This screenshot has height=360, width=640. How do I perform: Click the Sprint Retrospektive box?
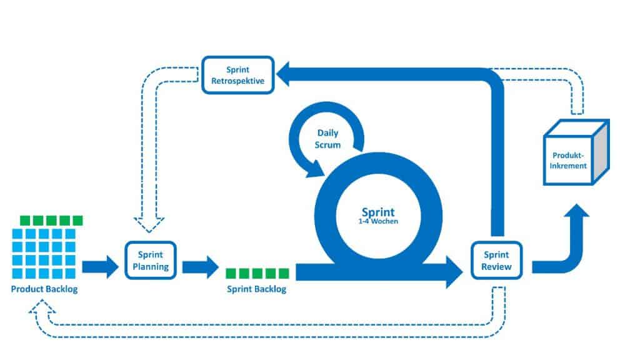pyautogui.click(x=238, y=75)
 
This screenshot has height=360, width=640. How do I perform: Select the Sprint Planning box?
pyautogui.click(x=151, y=261)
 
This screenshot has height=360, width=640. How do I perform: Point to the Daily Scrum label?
pyautogui.click(x=329, y=139)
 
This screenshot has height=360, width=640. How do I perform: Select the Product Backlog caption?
pyautogui.click(x=44, y=289)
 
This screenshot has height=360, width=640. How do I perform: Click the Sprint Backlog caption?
pyautogui.click(x=256, y=289)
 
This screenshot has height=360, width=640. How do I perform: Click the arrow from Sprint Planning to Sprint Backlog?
pyautogui.click(x=201, y=267)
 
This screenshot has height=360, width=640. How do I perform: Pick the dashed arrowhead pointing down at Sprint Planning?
pyautogui.click(x=149, y=224)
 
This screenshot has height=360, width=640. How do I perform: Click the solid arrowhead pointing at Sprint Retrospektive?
pyautogui.click(x=289, y=77)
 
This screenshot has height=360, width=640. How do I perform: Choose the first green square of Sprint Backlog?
pyautogui.click(x=231, y=272)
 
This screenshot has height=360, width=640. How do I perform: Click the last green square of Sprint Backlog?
pyautogui.click(x=284, y=272)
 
